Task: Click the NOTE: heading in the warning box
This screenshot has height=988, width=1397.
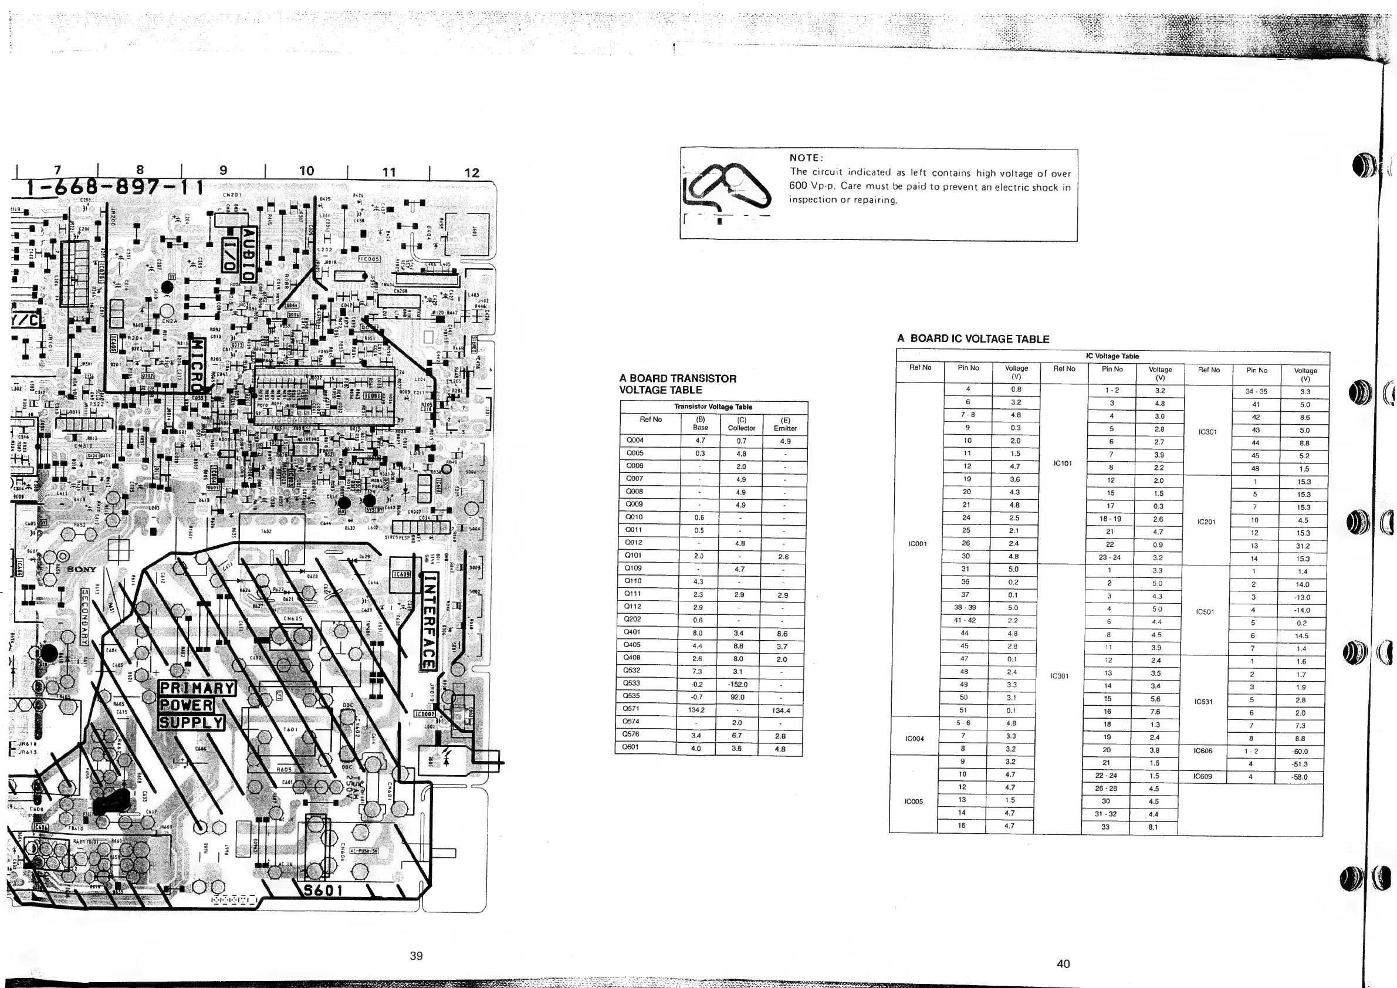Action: (x=806, y=158)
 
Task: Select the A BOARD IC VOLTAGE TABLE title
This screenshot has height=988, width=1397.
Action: (x=973, y=340)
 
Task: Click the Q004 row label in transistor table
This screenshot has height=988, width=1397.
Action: (x=635, y=440)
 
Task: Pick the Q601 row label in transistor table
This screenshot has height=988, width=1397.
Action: (x=631, y=747)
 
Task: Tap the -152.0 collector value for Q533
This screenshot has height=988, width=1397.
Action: (x=737, y=685)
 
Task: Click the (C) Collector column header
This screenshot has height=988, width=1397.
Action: (x=742, y=424)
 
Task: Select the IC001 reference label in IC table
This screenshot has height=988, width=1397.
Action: (x=917, y=544)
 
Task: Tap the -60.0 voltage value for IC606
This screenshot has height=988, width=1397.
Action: (x=1300, y=752)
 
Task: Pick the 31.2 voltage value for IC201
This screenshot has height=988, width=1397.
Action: (x=1301, y=546)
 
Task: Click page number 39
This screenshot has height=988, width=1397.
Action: (x=416, y=956)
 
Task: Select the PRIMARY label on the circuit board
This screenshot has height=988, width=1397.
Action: (x=197, y=689)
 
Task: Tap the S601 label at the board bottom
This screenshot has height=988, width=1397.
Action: (x=323, y=890)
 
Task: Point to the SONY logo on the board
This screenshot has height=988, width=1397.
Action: (x=82, y=570)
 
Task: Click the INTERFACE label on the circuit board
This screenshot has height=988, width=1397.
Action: (x=429, y=621)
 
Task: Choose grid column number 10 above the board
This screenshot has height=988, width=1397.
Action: (x=307, y=171)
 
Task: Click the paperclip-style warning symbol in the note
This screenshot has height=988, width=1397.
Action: (x=725, y=185)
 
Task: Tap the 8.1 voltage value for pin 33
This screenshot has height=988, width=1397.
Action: (x=1152, y=827)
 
